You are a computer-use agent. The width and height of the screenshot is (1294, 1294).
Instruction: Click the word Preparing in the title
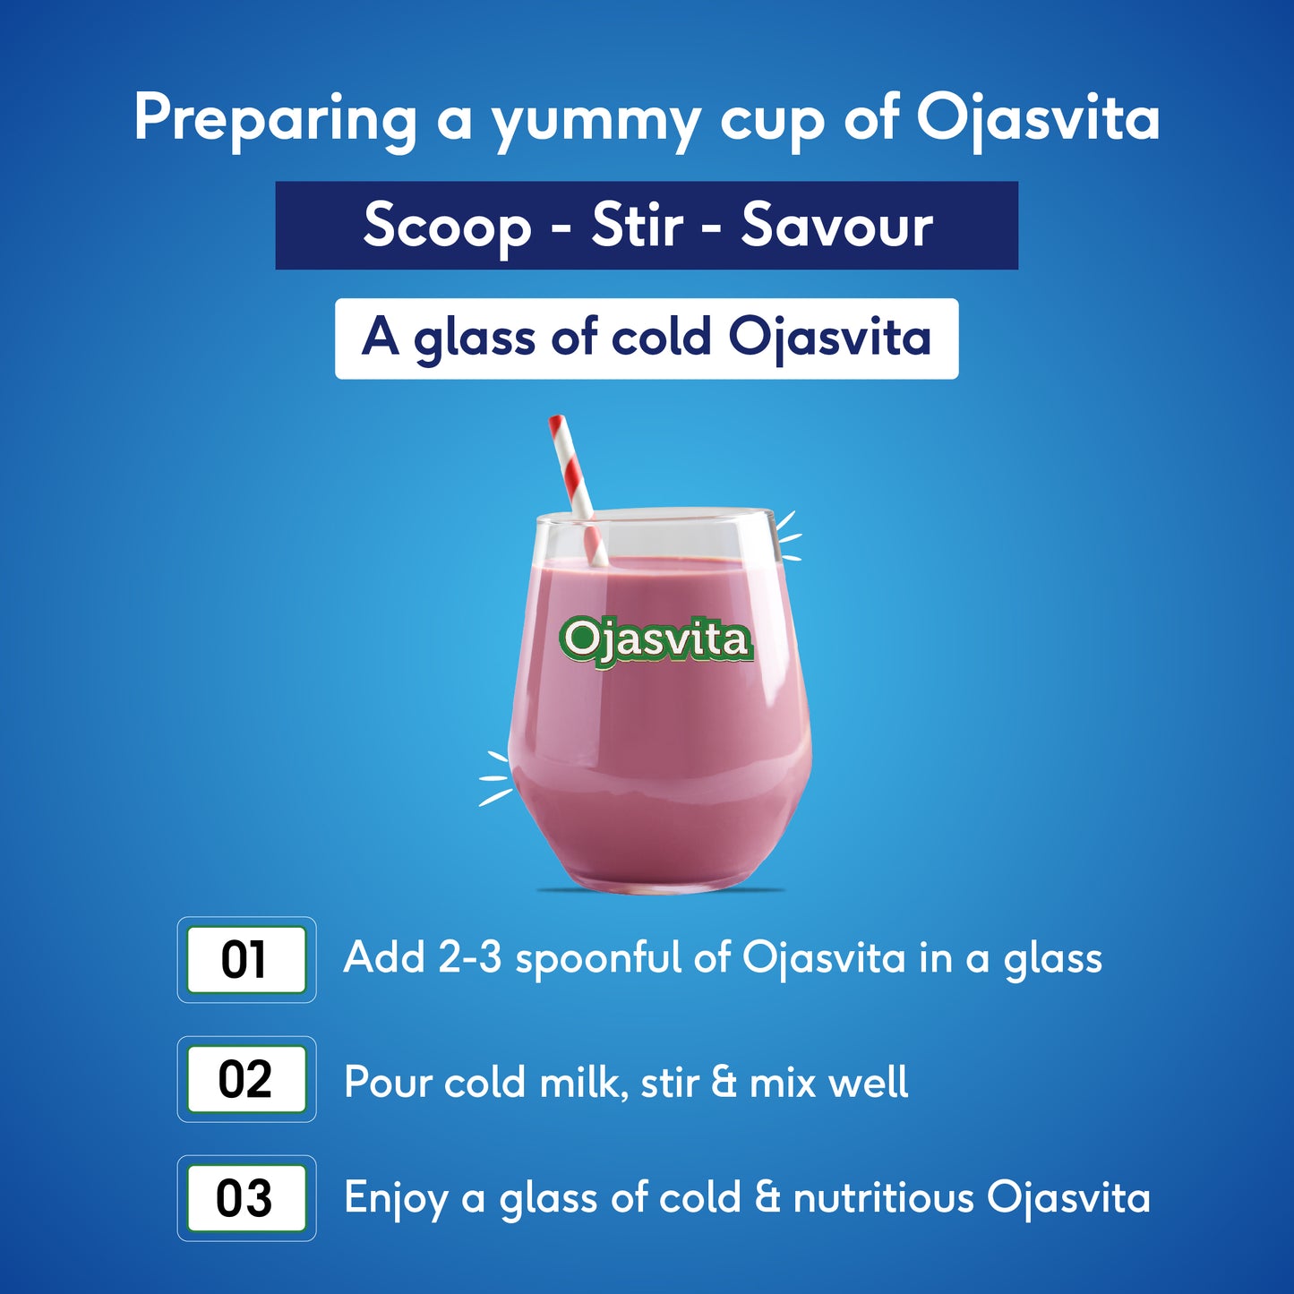coord(275,118)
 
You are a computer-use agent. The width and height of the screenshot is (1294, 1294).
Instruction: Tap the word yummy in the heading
coord(596,121)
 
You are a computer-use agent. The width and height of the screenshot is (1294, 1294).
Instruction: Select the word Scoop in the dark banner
coord(447,226)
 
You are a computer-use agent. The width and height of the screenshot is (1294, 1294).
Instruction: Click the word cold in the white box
coord(662,338)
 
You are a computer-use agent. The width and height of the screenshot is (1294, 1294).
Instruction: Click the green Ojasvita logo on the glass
coord(656,640)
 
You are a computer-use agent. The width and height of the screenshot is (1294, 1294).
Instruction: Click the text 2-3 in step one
coord(469,957)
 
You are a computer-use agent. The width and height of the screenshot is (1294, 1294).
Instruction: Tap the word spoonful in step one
coord(598,959)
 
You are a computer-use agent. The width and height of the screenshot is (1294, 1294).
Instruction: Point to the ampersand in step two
coord(724,1082)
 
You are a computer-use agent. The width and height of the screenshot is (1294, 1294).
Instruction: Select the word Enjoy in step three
coord(396,1199)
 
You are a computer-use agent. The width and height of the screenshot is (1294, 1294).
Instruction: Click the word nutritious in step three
coord(883,1198)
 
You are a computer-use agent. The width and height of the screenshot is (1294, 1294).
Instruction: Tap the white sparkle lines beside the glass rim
coord(787,536)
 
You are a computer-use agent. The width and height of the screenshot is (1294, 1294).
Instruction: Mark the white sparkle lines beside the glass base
coord(495,777)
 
